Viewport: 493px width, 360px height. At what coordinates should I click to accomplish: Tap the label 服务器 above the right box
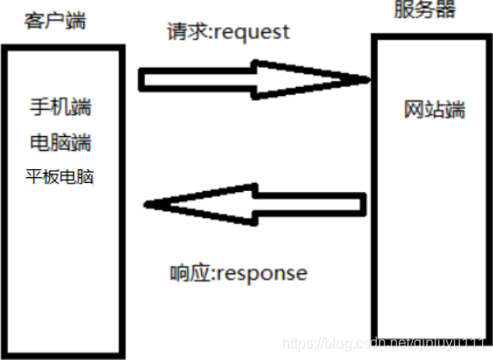point(424,11)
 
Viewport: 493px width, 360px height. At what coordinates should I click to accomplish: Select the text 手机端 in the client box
point(61,108)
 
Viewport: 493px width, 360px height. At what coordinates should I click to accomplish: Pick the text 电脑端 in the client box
point(61,143)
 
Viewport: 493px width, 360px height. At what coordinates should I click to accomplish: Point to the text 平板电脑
point(61,176)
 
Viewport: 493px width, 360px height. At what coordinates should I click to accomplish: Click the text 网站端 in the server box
point(435,110)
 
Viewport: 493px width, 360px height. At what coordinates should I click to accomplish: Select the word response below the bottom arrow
point(265,273)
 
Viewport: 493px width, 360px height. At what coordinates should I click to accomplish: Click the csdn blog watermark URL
point(383,343)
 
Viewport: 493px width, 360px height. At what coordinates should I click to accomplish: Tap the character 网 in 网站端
point(414,110)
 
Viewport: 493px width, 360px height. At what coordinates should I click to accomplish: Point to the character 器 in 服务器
point(445,11)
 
